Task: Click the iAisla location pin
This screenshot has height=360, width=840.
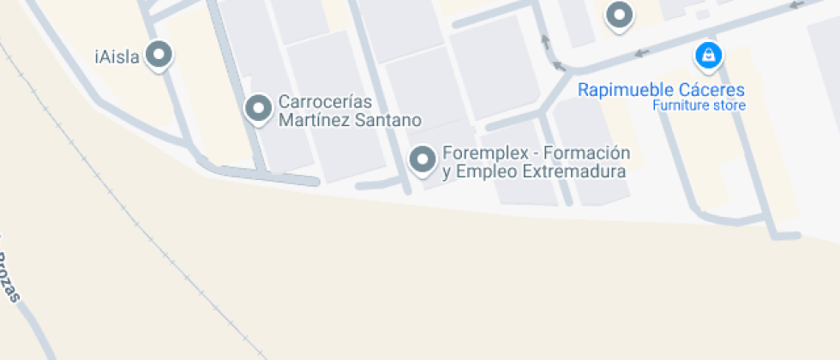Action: tap(158, 56)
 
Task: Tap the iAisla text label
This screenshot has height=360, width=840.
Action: tap(117, 57)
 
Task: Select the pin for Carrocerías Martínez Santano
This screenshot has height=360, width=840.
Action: tap(257, 109)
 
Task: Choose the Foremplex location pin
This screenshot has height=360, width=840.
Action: tap(422, 159)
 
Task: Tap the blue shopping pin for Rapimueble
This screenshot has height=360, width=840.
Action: tap(708, 57)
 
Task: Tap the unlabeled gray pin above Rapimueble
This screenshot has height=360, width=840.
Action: tap(618, 15)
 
